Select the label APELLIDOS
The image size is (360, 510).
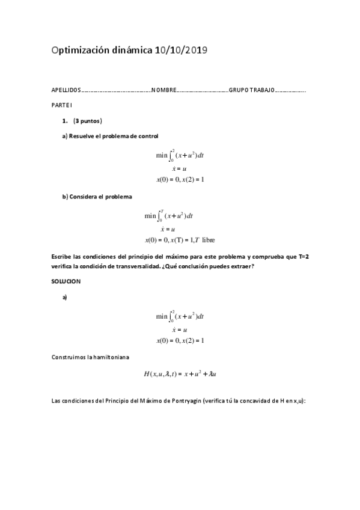66,90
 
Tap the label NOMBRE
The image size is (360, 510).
163,90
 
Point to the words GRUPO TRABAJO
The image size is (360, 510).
251,90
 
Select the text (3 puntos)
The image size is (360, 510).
88,120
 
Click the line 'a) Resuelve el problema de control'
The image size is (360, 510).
110,136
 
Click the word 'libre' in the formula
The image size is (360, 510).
209,240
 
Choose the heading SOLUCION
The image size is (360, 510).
66,281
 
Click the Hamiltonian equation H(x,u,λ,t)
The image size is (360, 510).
180,373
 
